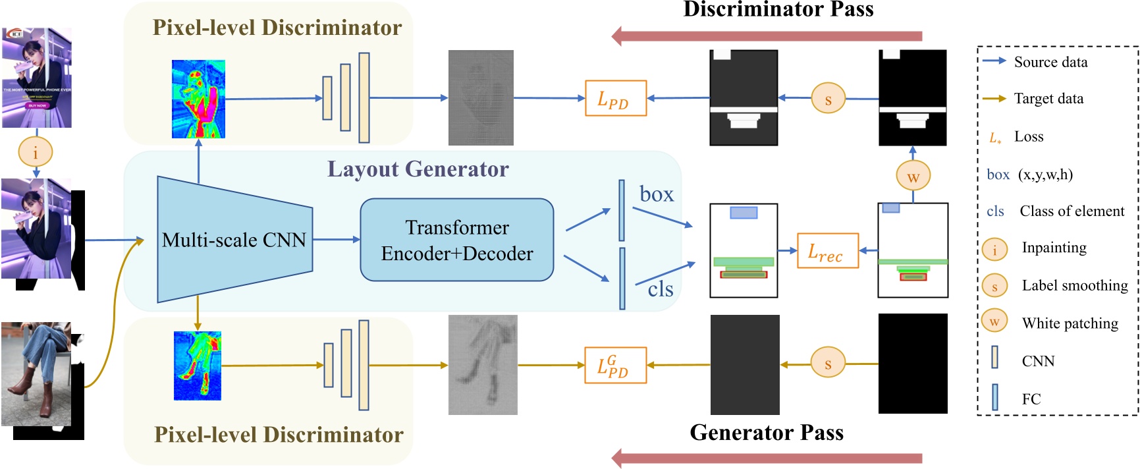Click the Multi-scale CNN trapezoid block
(x=234, y=240)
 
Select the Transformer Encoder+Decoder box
(x=457, y=240)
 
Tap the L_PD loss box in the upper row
(x=615, y=98)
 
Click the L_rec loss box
(x=827, y=251)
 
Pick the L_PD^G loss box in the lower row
(x=615, y=365)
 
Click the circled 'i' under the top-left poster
(x=35, y=152)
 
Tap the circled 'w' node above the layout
(x=913, y=177)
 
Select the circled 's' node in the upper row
(x=828, y=99)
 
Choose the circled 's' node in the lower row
(x=828, y=364)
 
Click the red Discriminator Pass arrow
(x=767, y=36)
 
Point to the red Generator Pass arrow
(x=767, y=458)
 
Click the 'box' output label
(x=657, y=194)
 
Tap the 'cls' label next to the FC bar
(x=660, y=289)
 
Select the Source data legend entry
(x=1050, y=62)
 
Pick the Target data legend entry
(x=1048, y=99)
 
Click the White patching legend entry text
(x=1070, y=323)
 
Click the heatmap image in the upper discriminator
(x=198, y=99)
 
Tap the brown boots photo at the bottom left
(x=36, y=373)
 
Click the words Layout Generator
(x=418, y=169)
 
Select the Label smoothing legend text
(x=1074, y=285)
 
